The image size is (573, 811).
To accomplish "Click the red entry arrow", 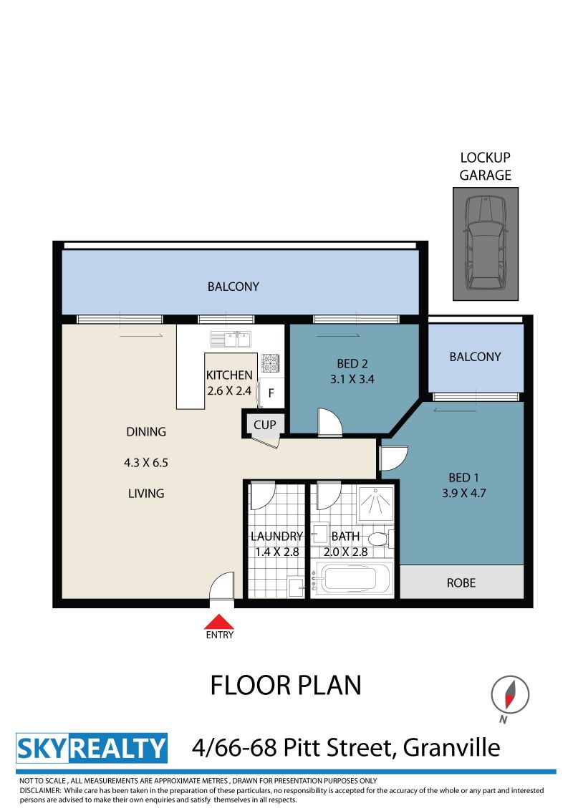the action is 219,621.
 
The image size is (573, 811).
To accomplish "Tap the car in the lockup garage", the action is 486,243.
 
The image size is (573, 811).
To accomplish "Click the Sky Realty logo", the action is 92,748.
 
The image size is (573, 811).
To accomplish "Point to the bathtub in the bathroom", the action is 354,579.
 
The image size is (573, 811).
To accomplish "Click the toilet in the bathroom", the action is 381,539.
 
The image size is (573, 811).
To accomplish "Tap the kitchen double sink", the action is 231,340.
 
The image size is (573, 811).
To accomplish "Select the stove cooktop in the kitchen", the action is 270,363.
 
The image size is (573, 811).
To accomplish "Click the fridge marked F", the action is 271,393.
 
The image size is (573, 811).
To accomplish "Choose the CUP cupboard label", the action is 265,425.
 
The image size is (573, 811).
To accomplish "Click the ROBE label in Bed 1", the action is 461,583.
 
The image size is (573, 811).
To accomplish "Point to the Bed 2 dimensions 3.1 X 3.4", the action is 352,379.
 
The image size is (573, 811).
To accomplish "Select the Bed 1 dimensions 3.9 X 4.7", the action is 464,493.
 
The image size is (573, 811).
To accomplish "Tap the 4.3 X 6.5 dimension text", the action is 146,462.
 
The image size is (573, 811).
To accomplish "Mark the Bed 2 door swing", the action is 330,422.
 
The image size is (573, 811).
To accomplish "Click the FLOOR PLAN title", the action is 286,686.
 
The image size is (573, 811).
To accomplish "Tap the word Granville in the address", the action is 451,748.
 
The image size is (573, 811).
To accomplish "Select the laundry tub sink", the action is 297,587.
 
